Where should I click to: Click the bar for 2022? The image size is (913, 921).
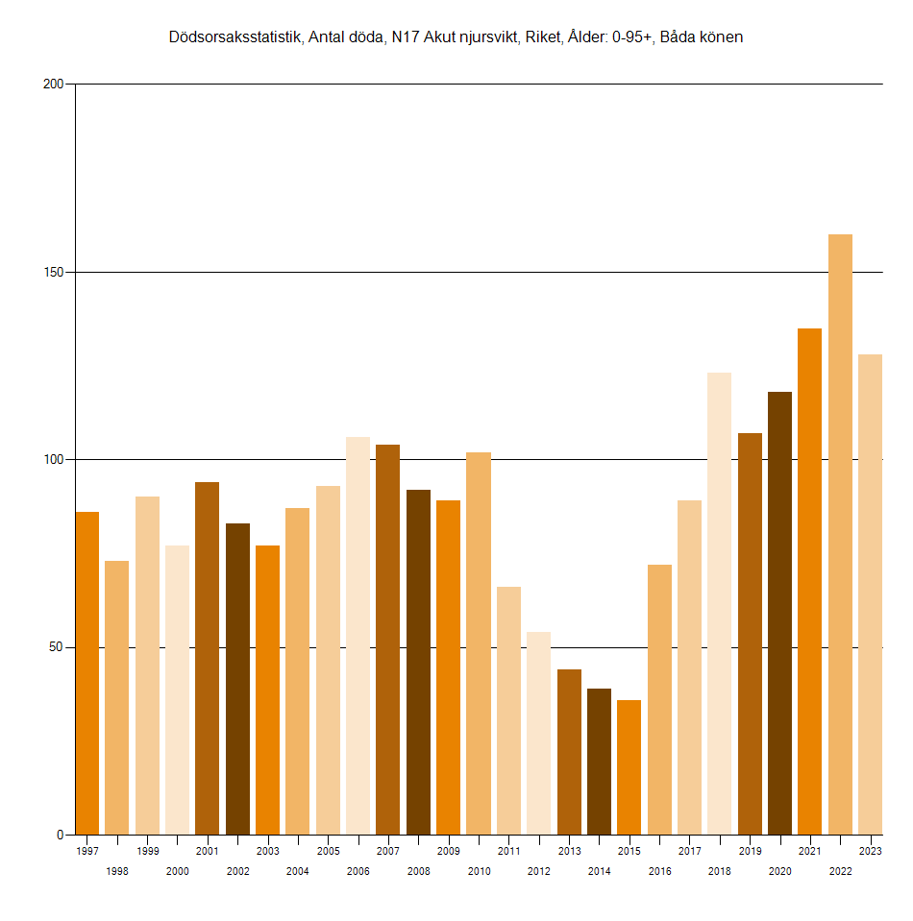click(x=840, y=534)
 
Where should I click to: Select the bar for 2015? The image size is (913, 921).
click(x=629, y=766)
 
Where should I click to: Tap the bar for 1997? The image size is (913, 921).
click(x=87, y=672)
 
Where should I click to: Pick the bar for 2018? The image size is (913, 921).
click(x=719, y=603)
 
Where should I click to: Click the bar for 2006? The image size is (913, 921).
click(x=358, y=636)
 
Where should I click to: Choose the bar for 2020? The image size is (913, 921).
click(x=779, y=613)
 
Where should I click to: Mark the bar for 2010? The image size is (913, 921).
click(x=479, y=643)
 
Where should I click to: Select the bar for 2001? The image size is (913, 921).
click(x=207, y=658)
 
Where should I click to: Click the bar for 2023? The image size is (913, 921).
click(x=870, y=594)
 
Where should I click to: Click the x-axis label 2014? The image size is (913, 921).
click(x=599, y=871)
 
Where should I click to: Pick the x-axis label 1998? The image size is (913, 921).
click(x=117, y=871)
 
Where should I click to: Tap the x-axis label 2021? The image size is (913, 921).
click(x=809, y=851)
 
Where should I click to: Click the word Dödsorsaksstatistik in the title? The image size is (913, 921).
click(x=236, y=37)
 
